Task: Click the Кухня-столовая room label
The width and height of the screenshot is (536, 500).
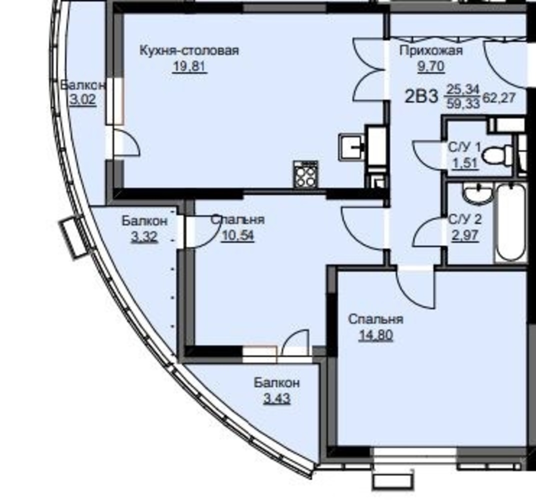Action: (x=189, y=50)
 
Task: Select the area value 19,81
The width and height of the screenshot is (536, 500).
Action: (x=189, y=66)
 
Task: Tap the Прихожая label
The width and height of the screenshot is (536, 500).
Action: (x=431, y=51)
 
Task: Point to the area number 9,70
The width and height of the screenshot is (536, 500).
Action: (x=430, y=66)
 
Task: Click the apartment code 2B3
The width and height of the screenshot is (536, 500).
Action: (x=421, y=96)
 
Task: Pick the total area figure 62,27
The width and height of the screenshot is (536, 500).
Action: (x=498, y=98)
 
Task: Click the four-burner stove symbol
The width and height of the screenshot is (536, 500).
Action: (x=305, y=174)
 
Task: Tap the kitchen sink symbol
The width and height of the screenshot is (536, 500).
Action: (x=352, y=147)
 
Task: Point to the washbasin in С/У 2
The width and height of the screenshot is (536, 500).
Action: (x=477, y=194)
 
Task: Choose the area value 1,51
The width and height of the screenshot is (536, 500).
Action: (x=464, y=163)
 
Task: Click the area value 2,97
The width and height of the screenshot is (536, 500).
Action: (x=465, y=235)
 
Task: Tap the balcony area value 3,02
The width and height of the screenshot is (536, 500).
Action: (x=82, y=100)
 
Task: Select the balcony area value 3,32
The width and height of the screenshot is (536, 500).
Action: (x=144, y=236)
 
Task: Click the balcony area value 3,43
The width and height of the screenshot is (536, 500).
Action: (x=277, y=398)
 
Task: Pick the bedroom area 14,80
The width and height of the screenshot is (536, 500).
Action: (x=375, y=335)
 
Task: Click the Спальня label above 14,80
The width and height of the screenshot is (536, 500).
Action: (x=375, y=319)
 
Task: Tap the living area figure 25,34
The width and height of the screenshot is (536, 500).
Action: (x=463, y=89)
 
